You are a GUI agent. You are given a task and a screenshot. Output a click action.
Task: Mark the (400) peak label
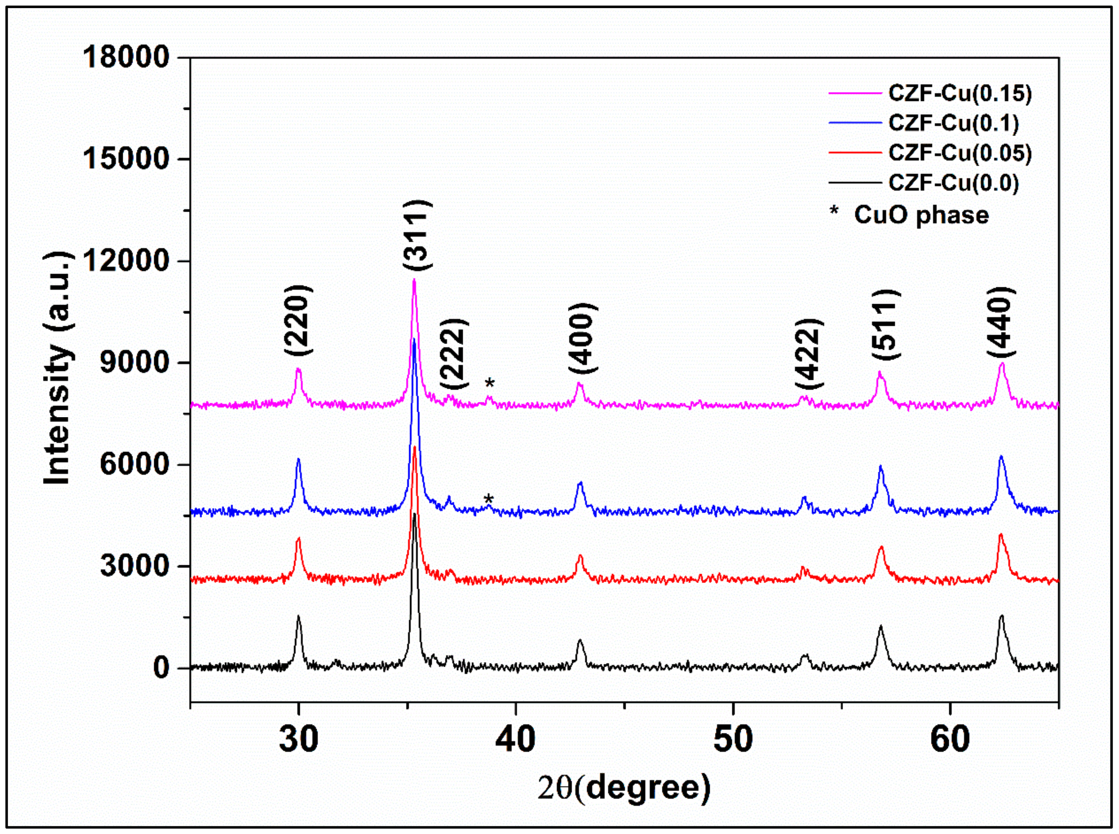pos(583,338)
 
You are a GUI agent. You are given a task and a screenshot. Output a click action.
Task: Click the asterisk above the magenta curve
pos(489,384)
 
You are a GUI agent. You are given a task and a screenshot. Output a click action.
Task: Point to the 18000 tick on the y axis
pos(125,57)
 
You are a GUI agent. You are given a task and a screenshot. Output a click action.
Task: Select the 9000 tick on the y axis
pos(134,362)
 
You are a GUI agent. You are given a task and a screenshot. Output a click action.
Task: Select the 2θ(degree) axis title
pos(624,788)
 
